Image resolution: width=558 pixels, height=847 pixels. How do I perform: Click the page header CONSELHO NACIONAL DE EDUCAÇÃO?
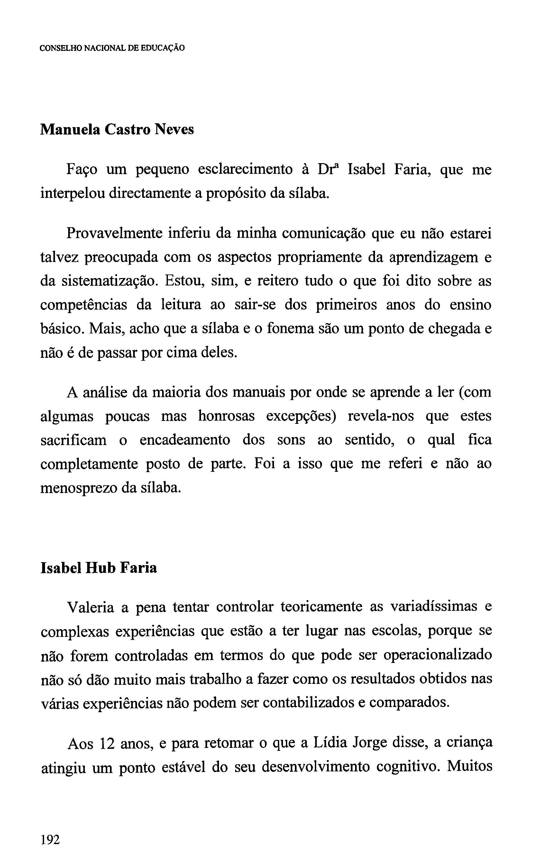pos(112,48)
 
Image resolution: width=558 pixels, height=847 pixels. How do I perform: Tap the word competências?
pos(84,305)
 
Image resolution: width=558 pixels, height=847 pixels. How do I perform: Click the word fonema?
pos(288,329)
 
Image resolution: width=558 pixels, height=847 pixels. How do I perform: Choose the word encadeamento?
pos(185,440)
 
